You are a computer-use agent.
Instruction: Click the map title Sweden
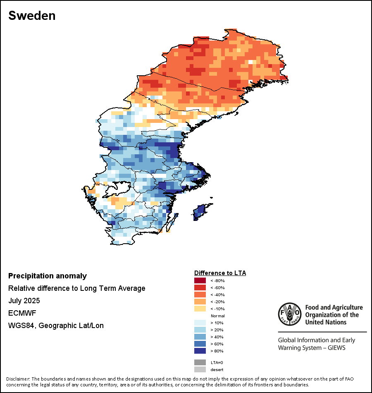point(32,16)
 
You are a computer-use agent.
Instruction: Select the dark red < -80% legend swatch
point(200,281)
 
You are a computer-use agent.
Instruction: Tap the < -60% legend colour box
point(200,288)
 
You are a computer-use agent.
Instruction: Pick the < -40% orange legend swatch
point(200,295)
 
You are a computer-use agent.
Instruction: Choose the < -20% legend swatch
point(200,302)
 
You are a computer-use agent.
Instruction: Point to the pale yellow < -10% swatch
point(200,309)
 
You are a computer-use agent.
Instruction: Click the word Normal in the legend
point(217,316)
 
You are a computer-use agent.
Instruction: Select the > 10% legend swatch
point(200,323)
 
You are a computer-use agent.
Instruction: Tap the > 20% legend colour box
point(200,330)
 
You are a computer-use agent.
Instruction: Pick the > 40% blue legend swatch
point(200,337)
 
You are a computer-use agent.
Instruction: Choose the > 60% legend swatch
point(200,344)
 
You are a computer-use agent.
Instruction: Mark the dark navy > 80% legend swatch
point(200,351)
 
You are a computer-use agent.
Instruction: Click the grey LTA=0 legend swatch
point(200,362)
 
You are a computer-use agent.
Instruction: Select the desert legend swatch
point(200,369)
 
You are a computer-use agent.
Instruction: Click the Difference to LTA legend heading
point(220,273)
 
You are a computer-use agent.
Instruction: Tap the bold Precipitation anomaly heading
point(48,276)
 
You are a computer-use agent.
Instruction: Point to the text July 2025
point(24,301)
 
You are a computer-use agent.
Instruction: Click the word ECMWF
point(22,313)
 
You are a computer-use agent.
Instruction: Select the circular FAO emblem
point(289,314)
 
